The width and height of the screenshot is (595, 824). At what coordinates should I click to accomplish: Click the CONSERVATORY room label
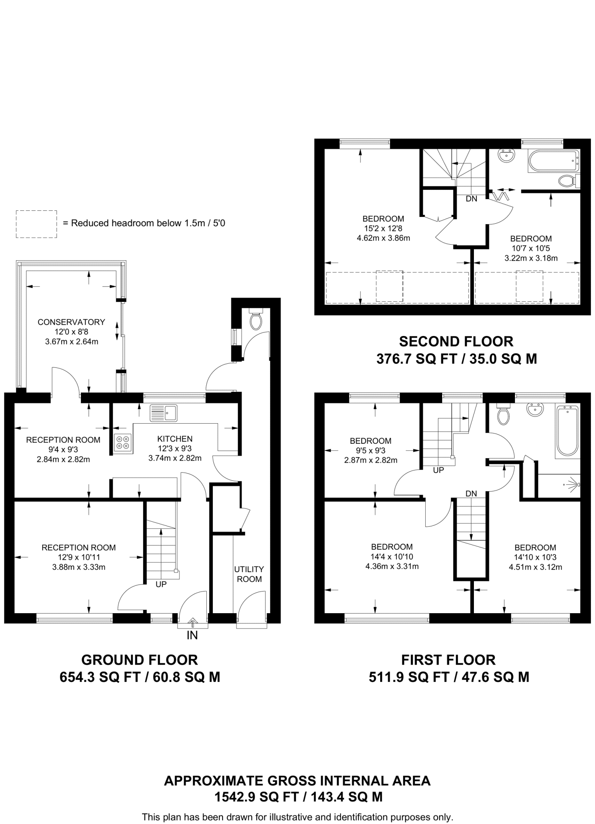pyautogui.click(x=71, y=322)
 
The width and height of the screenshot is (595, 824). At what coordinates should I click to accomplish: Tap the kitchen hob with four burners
pyautogui.click(x=122, y=443)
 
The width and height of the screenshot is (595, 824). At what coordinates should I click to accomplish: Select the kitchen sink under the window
pyautogui.click(x=163, y=412)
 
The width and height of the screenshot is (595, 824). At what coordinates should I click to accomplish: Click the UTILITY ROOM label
pyautogui.click(x=249, y=574)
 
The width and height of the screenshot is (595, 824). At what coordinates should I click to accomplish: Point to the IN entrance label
pyautogui.click(x=192, y=635)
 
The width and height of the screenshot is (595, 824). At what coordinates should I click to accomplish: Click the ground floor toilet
pyautogui.click(x=256, y=319)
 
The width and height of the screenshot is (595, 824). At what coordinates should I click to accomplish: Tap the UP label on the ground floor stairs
pyautogui.click(x=161, y=584)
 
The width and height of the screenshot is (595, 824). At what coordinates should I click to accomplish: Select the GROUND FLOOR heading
pyautogui.click(x=140, y=660)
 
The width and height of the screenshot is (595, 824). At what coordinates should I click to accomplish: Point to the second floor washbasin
pyautogui.click(x=506, y=156)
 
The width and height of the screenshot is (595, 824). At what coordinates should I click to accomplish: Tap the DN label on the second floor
pyautogui.click(x=471, y=199)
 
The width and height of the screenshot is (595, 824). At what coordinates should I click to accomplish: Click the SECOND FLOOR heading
pyautogui.click(x=456, y=342)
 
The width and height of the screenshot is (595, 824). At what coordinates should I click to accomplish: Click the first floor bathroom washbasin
pyautogui.click(x=535, y=409)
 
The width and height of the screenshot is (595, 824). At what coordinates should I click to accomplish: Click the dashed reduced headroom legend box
pyautogui.click(x=36, y=224)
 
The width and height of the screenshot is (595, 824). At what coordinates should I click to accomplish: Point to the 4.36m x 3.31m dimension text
pyautogui.click(x=392, y=566)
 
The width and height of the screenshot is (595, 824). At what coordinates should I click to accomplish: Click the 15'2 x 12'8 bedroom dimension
pyautogui.click(x=383, y=229)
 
